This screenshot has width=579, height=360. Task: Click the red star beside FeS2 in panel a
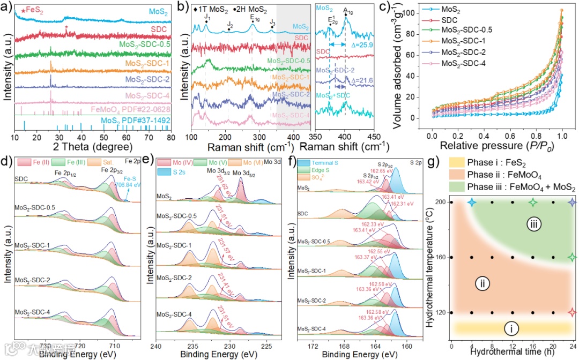(22, 10)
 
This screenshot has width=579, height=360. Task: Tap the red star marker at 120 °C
(572, 312)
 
